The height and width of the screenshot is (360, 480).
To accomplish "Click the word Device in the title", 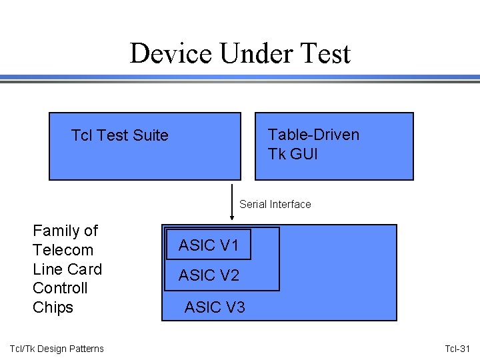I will [171, 53].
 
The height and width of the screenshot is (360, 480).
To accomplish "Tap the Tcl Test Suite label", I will [120, 135].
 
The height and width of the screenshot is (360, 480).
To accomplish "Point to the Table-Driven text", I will [313, 135].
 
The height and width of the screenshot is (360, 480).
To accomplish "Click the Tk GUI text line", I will [293, 154].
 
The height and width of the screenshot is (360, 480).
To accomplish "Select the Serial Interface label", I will [275, 204].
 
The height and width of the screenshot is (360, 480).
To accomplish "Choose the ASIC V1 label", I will [209, 245].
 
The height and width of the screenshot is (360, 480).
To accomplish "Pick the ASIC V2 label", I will [209, 275].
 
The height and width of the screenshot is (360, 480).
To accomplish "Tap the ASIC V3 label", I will [215, 307].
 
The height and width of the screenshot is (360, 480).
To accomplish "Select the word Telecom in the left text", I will [63, 250].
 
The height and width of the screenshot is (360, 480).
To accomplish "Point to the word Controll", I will [60, 288].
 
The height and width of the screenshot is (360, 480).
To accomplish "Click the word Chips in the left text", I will [53, 307].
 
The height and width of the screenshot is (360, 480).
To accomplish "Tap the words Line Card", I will [67, 269].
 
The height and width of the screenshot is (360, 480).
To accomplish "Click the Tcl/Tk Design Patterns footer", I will [57, 349].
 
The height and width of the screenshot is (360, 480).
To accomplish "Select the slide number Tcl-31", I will [457, 349].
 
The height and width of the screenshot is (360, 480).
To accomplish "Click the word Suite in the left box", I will [150, 135].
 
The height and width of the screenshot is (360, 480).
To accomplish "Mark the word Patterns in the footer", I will [86, 349].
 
